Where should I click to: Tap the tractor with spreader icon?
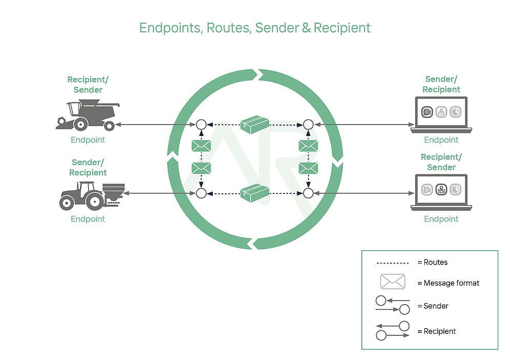(89, 194)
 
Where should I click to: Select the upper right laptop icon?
(441, 114)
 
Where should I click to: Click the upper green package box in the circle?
(255, 125)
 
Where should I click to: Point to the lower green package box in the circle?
(255, 193)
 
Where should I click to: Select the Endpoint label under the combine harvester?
(88, 140)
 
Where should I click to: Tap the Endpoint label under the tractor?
(88, 219)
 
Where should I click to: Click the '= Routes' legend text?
(433, 263)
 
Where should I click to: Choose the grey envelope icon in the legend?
(393, 282)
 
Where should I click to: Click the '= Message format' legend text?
(448, 283)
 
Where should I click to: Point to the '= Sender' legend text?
(433, 306)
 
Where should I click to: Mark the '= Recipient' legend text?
(437, 331)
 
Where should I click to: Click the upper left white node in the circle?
(201, 125)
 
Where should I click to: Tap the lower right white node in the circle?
(308, 193)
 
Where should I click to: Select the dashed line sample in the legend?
(393, 263)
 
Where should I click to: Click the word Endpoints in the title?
(171, 28)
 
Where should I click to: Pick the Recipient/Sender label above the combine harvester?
(88, 85)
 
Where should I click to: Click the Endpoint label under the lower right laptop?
(441, 219)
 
